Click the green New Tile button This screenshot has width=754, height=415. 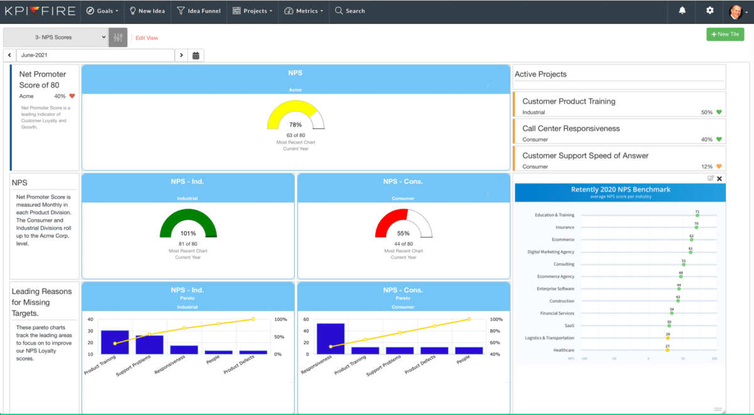point(725,35)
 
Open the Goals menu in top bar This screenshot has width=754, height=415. point(102,11)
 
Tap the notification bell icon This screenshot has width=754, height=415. point(682,11)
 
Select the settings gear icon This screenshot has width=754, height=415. point(710,11)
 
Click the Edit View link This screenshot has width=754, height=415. point(146,38)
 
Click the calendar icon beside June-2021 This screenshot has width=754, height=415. point(196,55)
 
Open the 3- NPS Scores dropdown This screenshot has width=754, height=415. point(56,37)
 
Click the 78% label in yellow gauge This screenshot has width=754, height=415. point(295,124)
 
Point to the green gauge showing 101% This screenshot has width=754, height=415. point(188,223)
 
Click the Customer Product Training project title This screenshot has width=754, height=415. point(569,101)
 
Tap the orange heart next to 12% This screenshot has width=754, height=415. point(719,167)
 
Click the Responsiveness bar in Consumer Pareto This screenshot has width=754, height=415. point(331,338)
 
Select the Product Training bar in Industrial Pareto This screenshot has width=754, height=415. point(114,342)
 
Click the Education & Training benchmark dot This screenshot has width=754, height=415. point(697,215)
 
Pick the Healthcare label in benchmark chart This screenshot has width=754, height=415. point(564,350)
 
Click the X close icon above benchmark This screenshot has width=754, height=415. point(719,179)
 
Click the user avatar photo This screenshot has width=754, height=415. point(735,11)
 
